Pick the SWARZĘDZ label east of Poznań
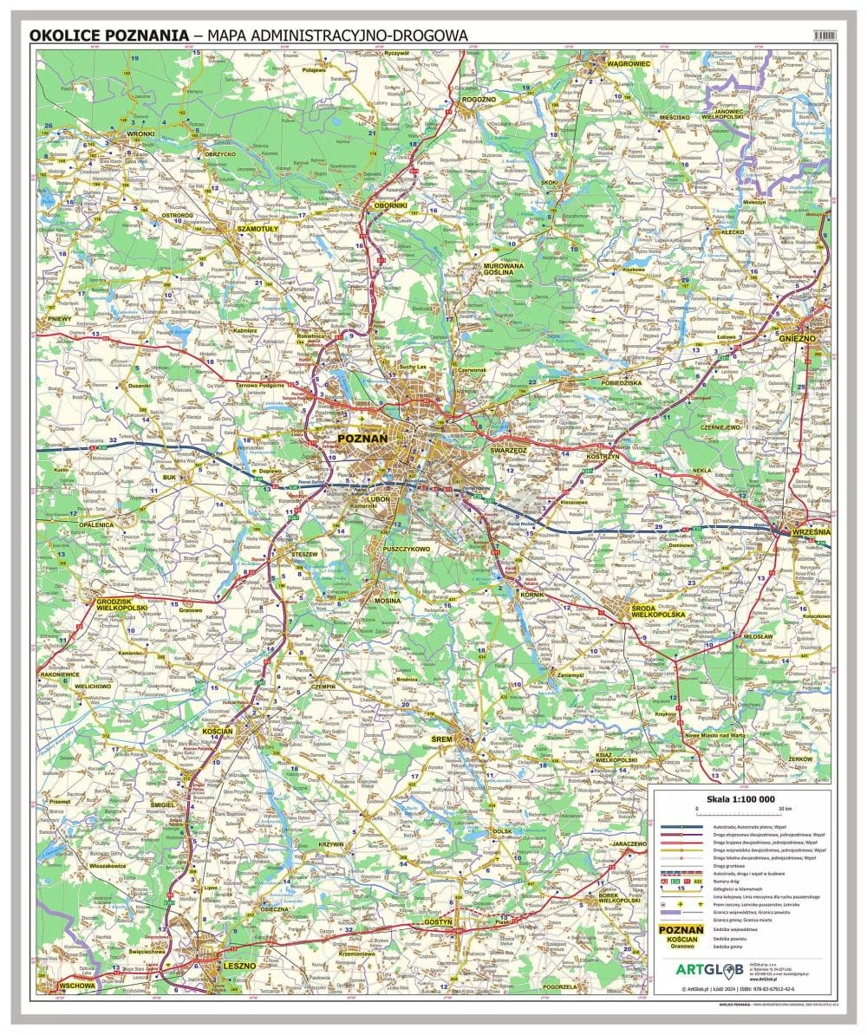(509, 451)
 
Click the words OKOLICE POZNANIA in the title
(109, 35)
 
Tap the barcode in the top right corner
(823, 33)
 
